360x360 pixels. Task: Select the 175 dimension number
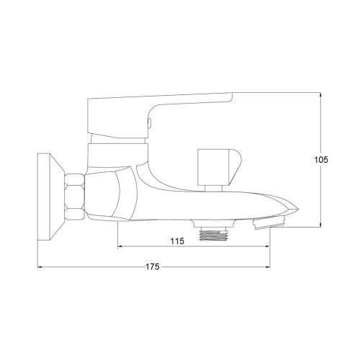[152, 267]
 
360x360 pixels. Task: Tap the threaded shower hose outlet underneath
[214, 233]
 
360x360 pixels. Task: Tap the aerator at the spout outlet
[268, 225]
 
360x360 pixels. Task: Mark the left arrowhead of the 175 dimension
[40, 268]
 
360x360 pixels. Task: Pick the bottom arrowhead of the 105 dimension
[320, 225]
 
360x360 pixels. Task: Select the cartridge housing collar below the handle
[117, 153]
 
